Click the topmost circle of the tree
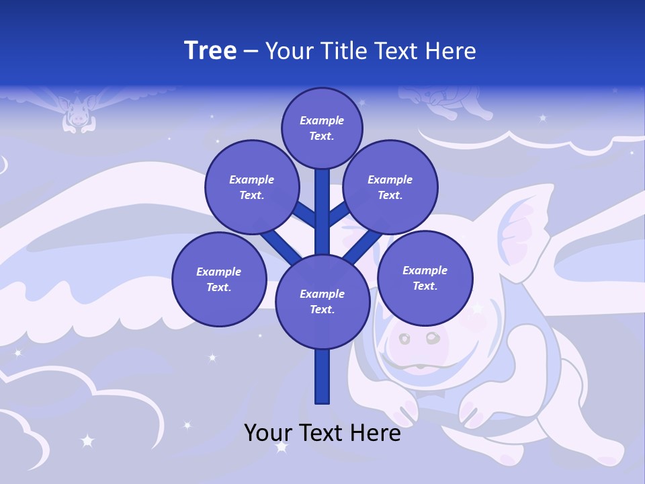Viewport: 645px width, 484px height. [322, 128]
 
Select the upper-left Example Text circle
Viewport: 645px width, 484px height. [252, 187]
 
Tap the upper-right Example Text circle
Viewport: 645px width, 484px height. [390, 187]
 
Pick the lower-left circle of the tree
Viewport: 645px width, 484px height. [219, 279]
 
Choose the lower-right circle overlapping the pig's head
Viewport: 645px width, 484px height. [425, 278]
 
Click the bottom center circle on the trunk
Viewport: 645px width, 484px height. [322, 301]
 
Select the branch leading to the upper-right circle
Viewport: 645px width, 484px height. [339, 214]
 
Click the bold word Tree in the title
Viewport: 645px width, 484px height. [210, 50]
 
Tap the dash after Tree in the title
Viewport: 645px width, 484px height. [251, 51]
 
